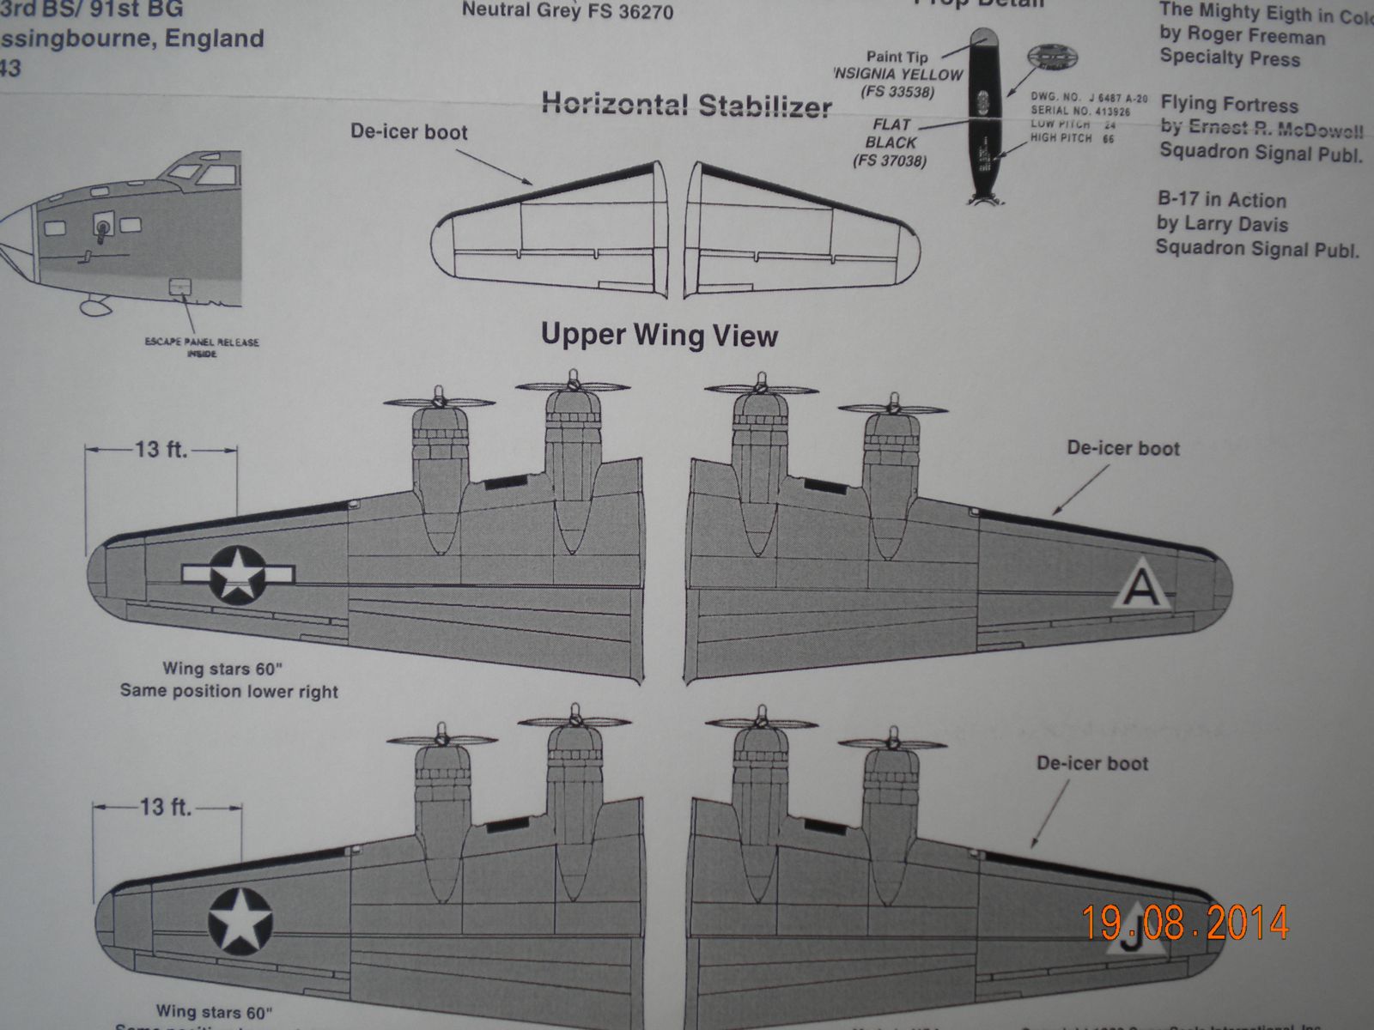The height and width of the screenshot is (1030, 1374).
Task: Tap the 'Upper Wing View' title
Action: [660, 335]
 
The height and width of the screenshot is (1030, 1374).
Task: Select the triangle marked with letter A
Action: [1140, 588]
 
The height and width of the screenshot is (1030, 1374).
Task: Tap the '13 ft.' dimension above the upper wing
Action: [160, 449]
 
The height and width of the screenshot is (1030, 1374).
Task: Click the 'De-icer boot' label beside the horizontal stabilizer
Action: [409, 132]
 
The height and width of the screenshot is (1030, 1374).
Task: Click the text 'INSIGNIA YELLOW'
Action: [897, 75]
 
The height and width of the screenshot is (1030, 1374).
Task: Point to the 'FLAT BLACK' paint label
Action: [891, 133]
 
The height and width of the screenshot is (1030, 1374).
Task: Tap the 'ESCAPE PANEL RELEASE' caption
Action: [202, 342]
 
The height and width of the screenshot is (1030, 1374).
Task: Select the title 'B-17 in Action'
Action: [1221, 201]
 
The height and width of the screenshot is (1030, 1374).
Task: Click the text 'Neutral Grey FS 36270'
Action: [568, 12]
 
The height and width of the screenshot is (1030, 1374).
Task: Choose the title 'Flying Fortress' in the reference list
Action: [1229, 105]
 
